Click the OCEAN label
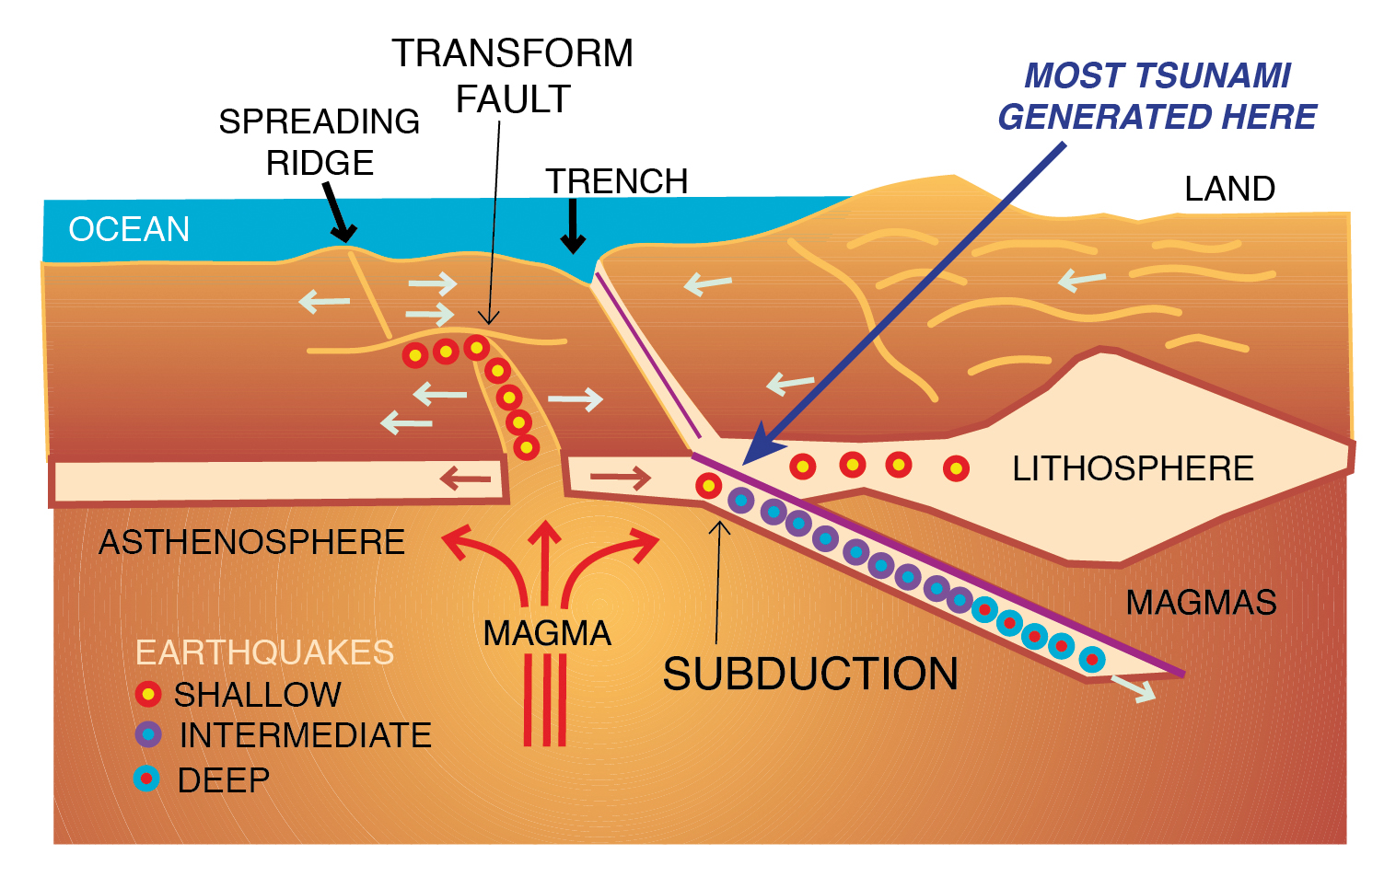tap(129, 229)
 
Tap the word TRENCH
tap(616, 181)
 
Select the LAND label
tap(1228, 189)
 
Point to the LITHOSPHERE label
tap(1132, 468)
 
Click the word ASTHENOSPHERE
tap(251, 542)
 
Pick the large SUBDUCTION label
tap(810, 674)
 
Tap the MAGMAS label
tap(1201, 603)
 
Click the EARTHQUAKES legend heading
tap(264, 652)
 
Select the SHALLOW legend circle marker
tap(148, 694)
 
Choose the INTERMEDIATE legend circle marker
tap(148, 734)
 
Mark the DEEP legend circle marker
tap(147, 779)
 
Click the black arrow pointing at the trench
tap(573, 227)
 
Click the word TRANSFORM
tap(512, 53)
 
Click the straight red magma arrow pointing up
tap(545, 561)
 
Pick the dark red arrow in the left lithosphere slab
tap(465, 479)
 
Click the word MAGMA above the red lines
tap(547, 633)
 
